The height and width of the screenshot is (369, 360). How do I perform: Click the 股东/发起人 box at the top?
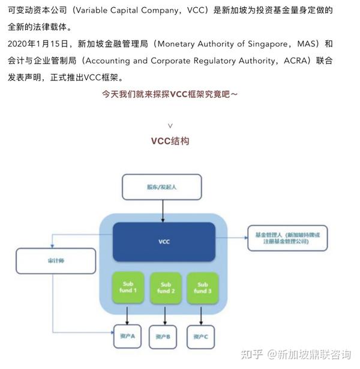(x=162, y=187)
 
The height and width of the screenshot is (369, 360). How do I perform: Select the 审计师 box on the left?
(x=56, y=262)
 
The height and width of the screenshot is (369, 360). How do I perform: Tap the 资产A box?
(x=127, y=336)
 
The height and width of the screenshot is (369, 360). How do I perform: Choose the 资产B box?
(x=164, y=337)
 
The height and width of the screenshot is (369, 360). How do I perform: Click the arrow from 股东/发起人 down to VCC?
(x=163, y=210)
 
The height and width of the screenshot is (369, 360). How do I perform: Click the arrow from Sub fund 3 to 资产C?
(x=202, y=314)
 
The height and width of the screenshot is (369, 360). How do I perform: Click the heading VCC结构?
(x=170, y=142)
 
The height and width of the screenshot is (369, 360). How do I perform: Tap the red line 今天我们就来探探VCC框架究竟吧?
(x=170, y=95)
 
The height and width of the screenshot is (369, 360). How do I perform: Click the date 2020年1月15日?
(x=36, y=44)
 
